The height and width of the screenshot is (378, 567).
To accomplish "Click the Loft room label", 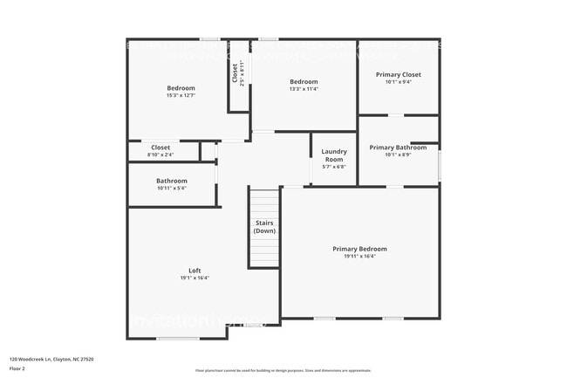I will (195, 271).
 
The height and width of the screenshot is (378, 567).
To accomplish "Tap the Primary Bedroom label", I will (359, 249).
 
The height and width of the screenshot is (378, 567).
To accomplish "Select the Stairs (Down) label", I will (264, 227).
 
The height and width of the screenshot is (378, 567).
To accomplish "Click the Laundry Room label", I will (333, 155).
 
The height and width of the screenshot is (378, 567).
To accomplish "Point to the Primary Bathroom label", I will (398, 148).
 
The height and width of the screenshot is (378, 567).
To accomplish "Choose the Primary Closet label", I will (399, 75).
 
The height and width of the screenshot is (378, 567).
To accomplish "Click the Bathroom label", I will (172, 181).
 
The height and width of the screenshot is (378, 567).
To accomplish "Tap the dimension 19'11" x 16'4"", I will (359, 257).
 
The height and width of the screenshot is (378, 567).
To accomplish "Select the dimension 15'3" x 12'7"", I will (181, 95).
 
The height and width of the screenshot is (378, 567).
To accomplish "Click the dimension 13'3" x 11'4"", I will (304, 89).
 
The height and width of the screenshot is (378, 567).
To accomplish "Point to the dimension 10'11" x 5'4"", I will (172, 188).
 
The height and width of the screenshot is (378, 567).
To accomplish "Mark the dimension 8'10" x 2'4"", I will (161, 155).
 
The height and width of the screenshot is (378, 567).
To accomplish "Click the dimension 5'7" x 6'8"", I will (333, 168).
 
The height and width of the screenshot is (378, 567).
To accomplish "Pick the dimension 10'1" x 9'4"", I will (399, 82).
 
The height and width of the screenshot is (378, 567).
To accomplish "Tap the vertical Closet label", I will (236, 73).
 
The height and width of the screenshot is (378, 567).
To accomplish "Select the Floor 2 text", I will (18, 368).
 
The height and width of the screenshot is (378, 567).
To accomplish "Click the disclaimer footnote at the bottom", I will (283, 370).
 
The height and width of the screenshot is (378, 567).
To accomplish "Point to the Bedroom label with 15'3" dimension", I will (181, 88).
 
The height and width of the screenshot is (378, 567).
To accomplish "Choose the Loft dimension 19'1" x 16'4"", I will (195, 278).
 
